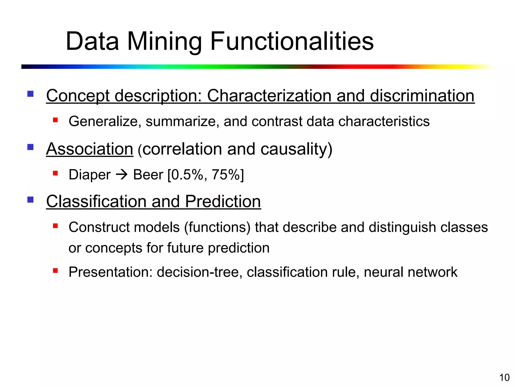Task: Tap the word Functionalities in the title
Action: pyautogui.click(x=292, y=41)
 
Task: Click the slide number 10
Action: pyautogui.click(x=504, y=378)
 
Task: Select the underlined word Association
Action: pyautogui.click(x=90, y=149)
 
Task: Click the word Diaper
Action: pyautogui.click(x=90, y=175)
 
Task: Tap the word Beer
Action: pyautogui.click(x=148, y=175)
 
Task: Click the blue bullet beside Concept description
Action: pyautogui.click(x=30, y=94)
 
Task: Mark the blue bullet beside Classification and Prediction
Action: pyautogui.click(x=30, y=200)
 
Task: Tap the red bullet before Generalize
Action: pyautogui.click(x=55, y=120)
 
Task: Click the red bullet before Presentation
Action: pyautogui.click(x=55, y=271)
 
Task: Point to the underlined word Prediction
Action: pyautogui.click(x=223, y=202)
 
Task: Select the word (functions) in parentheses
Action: pyautogui.click(x=217, y=227)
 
